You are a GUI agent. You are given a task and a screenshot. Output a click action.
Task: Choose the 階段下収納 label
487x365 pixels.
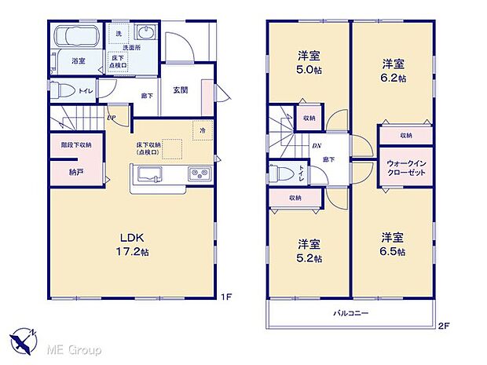coord(75,145)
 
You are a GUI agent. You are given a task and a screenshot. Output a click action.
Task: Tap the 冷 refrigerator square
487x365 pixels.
coord(203,130)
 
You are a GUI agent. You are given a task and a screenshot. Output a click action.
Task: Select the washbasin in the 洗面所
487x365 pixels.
coord(147,34)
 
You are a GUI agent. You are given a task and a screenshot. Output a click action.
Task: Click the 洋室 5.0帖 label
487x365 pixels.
coord(308,64)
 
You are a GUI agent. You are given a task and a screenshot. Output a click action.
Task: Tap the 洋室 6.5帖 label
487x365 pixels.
coord(392,243)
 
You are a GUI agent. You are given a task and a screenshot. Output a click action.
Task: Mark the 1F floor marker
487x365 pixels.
coord(225,297)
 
